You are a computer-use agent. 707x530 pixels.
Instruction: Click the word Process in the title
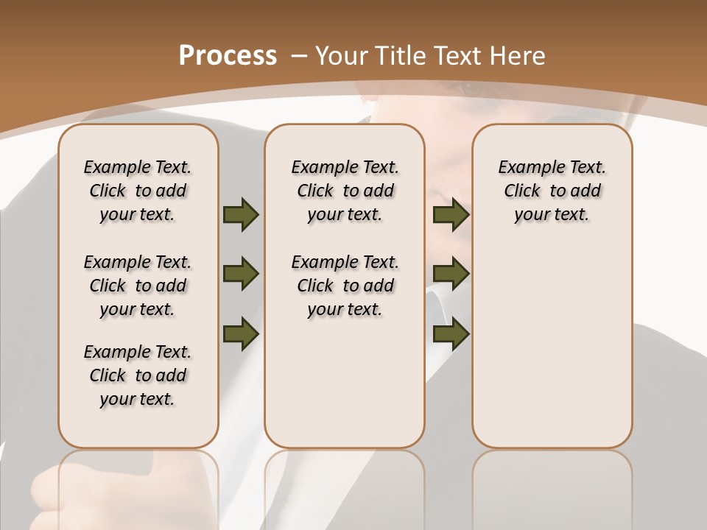click(x=228, y=56)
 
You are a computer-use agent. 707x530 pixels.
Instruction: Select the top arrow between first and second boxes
click(x=241, y=215)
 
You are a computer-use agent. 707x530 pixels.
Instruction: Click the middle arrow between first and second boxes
click(x=241, y=274)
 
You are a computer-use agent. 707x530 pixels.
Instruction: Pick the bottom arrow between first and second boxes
click(x=241, y=333)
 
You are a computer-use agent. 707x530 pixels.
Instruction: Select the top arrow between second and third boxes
click(x=451, y=215)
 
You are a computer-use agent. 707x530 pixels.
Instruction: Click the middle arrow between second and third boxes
click(x=451, y=274)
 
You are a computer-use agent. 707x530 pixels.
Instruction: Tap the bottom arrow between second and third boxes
click(x=451, y=333)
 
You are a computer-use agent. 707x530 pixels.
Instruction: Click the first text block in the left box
click(x=138, y=191)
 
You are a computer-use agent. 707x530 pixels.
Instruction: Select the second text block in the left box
click(x=138, y=286)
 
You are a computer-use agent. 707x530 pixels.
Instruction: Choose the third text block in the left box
click(x=138, y=375)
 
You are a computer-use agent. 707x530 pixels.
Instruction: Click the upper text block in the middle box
click(x=345, y=191)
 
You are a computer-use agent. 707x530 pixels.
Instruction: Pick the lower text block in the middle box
click(x=345, y=286)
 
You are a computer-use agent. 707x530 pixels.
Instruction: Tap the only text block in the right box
click(x=552, y=191)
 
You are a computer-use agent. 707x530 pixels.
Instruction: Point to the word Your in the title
click(x=343, y=56)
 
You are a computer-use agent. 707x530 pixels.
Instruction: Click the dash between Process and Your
click(x=299, y=56)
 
